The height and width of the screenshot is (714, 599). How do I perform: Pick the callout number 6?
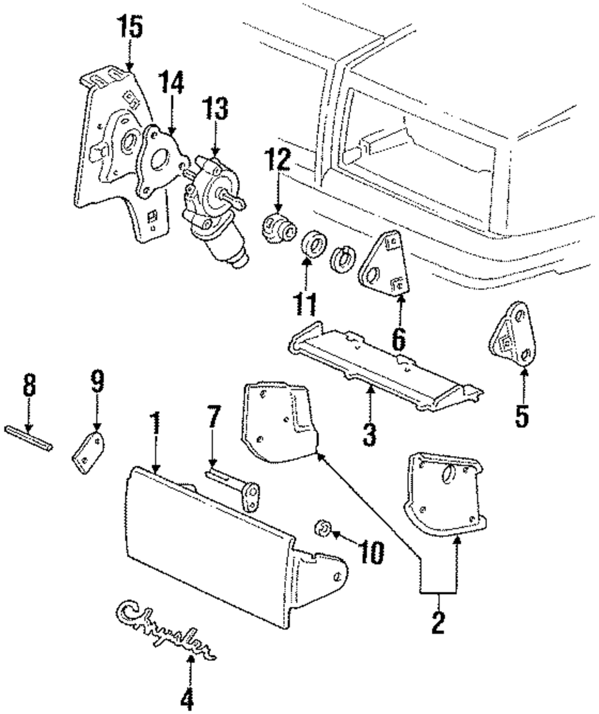point(399,338)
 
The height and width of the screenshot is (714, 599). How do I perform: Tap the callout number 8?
point(29,386)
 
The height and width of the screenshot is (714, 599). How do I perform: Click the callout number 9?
point(96,381)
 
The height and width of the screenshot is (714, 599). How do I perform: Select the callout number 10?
point(371,553)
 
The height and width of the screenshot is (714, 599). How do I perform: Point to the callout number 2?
point(438,622)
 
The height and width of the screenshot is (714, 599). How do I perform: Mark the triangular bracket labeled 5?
point(513,333)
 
